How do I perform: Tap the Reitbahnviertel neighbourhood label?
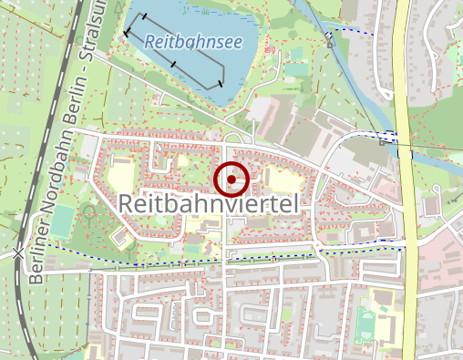click(210, 206)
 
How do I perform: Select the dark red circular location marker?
click(231, 180)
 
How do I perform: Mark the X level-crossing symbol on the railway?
click(20, 252)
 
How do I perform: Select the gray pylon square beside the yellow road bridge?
click(382, 141)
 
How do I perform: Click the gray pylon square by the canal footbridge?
click(328, 37)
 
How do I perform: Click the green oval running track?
click(365, 321)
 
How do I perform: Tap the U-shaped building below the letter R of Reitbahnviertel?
click(119, 236)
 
